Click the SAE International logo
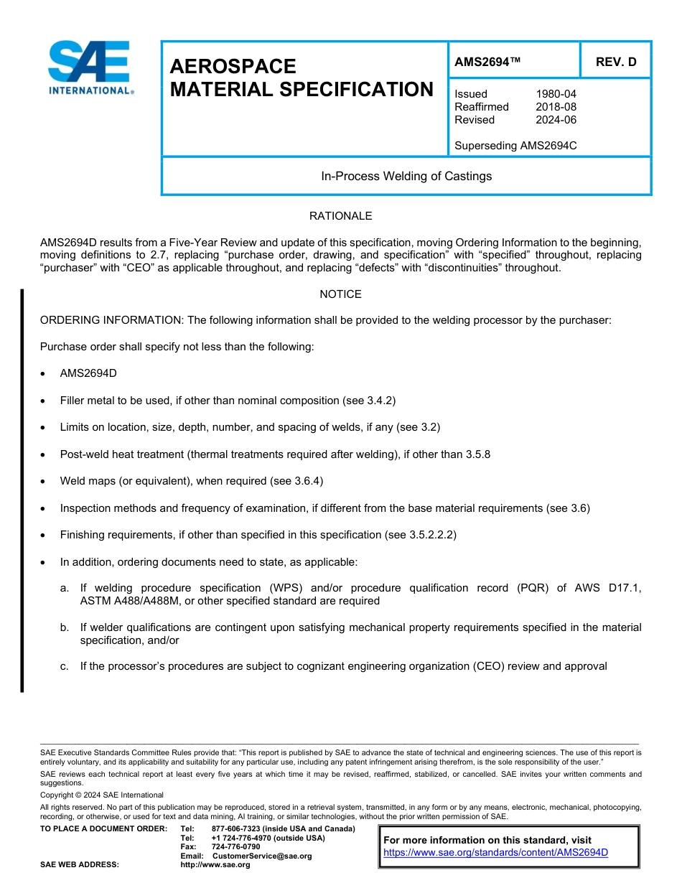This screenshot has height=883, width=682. point(89,67)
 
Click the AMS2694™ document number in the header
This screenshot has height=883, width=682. point(487,62)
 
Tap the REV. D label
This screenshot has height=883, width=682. point(615,62)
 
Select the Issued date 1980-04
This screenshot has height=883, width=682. point(556,94)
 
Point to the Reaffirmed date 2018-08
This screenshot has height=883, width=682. point(556,107)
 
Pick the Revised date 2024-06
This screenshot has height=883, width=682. point(556,120)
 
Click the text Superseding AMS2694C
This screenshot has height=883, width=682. point(515,146)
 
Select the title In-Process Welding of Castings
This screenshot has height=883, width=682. point(406,176)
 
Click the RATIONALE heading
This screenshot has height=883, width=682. point(340,216)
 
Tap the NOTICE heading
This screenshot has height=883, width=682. point(340,294)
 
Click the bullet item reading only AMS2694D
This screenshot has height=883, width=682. point(88,374)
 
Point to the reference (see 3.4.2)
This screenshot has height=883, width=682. point(368,401)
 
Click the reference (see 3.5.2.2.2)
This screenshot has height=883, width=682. point(421,535)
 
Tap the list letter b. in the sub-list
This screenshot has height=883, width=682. point(65,627)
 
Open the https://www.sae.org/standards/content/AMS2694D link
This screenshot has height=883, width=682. point(495,853)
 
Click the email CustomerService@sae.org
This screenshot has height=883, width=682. point(261,856)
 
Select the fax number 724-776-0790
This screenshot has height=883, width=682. point(235,847)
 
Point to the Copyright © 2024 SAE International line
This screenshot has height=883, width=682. point(102,795)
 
